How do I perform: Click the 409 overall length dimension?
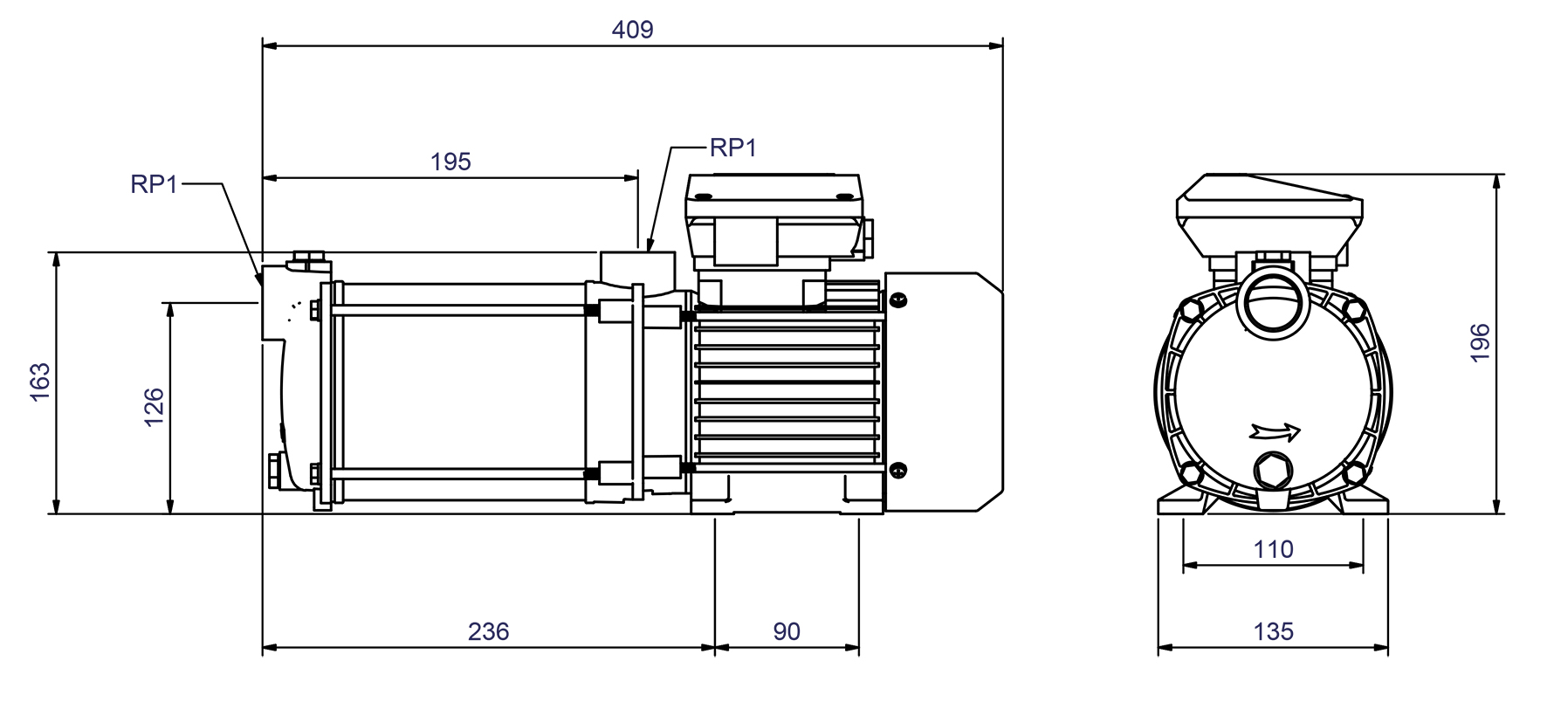point(632,30)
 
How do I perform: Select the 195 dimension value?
point(450,162)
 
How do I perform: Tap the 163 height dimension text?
point(40,382)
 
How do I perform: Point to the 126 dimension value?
point(154,407)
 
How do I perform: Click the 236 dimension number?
point(488,631)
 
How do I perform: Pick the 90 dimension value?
point(786,631)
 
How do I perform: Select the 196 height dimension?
point(1480,343)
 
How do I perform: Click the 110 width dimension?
point(1273,549)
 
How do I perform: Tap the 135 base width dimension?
point(1273,631)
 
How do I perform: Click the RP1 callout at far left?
point(154,184)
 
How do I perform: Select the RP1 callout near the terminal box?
point(732,148)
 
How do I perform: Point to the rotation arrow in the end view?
point(1275,431)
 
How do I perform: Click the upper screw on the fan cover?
point(898,300)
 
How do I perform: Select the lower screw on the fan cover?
point(898,470)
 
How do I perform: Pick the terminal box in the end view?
point(1269,214)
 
